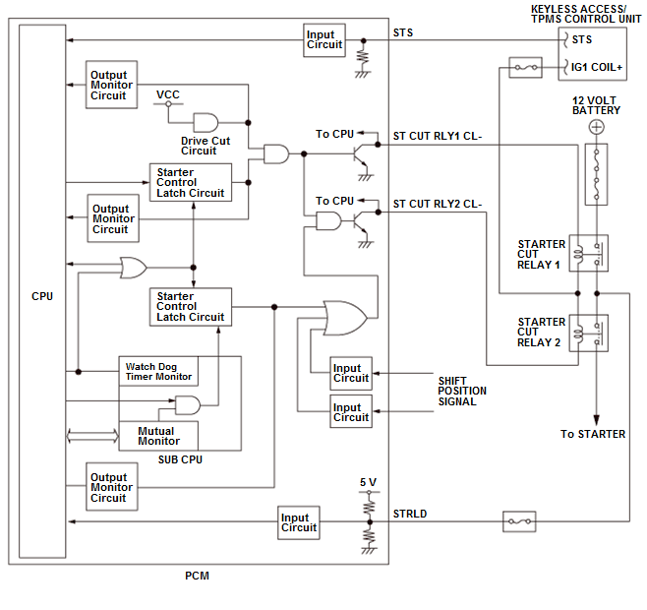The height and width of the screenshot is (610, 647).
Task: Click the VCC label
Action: (x=167, y=94)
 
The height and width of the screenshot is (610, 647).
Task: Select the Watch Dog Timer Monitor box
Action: (x=158, y=371)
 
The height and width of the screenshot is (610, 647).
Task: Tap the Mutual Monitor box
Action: (x=156, y=436)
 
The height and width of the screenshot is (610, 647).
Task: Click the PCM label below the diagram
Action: (x=197, y=576)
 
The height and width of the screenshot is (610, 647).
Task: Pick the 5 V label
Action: (x=369, y=482)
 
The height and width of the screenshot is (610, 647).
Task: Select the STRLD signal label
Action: (x=410, y=513)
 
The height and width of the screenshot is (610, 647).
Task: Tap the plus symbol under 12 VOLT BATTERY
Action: (x=595, y=127)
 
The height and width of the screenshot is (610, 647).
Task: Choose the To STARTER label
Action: (x=593, y=434)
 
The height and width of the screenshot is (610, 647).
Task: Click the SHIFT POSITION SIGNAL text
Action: (x=462, y=391)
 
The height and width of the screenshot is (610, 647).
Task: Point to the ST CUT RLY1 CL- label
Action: (x=438, y=136)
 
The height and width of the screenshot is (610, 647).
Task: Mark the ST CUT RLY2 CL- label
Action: (x=438, y=205)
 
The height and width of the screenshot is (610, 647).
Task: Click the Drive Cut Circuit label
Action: (x=206, y=146)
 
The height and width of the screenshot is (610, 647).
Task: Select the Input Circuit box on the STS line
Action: (x=324, y=39)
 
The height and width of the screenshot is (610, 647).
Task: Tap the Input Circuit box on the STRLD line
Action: (x=299, y=521)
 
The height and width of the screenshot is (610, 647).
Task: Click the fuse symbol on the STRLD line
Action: (x=518, y=521)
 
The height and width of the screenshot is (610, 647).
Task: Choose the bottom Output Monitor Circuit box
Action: (x=111, y=487)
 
